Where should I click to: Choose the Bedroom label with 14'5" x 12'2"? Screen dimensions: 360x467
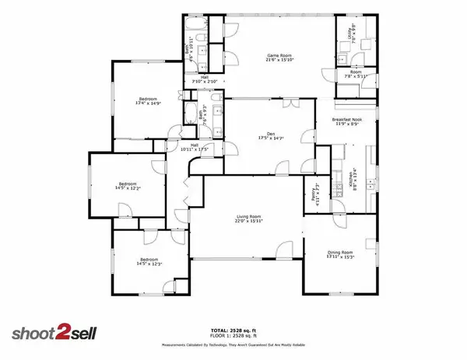[x=127, y=183]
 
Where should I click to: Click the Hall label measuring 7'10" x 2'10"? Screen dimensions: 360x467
[x=204, y=77]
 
